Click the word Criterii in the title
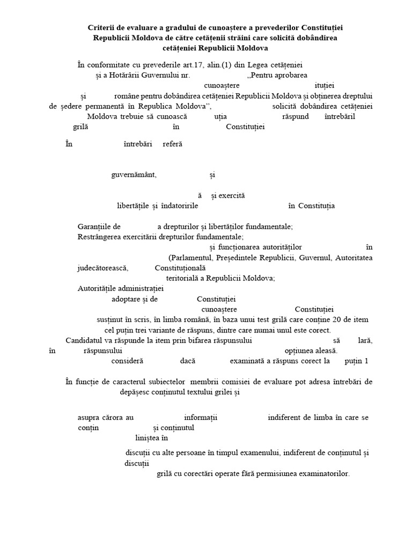pos(101,27)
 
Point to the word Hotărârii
pos(126,76)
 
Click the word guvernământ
pos(134,175)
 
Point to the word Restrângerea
pos(100,236)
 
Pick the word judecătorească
pos(103,268)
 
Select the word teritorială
pos(181,278)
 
